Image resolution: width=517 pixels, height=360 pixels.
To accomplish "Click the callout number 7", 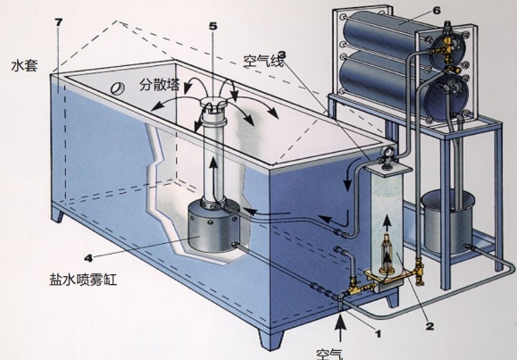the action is coord(58,22).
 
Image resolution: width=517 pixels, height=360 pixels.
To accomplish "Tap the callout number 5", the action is coord(213,27).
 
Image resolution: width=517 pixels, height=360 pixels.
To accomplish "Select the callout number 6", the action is coord(436,11).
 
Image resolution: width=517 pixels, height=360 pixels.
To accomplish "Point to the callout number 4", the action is coord(88,258).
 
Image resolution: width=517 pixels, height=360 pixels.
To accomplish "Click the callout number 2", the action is coord(429,326).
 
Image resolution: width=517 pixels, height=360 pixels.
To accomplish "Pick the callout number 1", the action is coord(379,334).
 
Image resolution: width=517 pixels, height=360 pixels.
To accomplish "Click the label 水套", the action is coord(24,66).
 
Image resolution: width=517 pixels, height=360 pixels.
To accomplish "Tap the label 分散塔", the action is coord(160,85).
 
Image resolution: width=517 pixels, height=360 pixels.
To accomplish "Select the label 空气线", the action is coord(263,62).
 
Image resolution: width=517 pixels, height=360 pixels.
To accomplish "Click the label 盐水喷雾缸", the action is coord(83,280).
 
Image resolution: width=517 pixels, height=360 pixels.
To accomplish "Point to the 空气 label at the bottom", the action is coord(329,354).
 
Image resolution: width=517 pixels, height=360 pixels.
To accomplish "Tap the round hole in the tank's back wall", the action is coord(118,88).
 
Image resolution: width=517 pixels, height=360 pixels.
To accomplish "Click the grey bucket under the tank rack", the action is coord(447,222).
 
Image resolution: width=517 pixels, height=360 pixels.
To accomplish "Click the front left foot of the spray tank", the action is coord(57,213).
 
